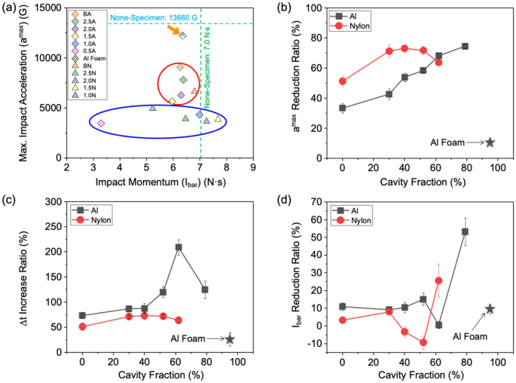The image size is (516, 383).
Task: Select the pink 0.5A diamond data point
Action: pyautogui.click(x=101, y=123)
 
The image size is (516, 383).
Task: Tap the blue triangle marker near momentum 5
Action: pyautogui.click(x=153, y=108)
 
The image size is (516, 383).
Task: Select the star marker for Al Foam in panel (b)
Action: pyautogui.click(x=490, y=142)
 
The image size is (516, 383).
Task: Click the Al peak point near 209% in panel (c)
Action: pyautogui.click(x=179, y=247)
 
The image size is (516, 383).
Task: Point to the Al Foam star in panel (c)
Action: pyautogui.click(x=230, y=339)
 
